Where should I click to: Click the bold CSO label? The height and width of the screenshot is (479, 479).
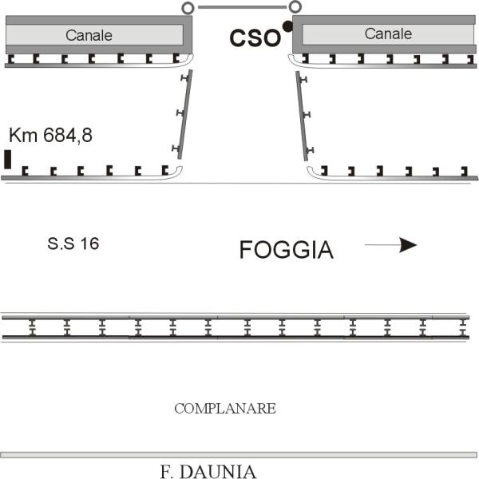(255, 38)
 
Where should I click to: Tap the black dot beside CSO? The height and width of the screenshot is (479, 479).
(287, 26)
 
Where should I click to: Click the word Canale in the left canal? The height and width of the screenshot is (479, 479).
(89, 35)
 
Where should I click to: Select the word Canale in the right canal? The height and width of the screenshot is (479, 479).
(388, 34)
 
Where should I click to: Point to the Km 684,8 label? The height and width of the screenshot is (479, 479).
(51, 135)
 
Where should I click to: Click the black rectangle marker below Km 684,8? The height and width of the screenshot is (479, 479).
(8, 159)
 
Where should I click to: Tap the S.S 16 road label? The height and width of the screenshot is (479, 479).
(73, 243)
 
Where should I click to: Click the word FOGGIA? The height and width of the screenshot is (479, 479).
(287, 250)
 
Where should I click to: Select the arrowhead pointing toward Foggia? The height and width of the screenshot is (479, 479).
(408, 245)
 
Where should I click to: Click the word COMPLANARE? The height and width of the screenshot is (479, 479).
(225, 409)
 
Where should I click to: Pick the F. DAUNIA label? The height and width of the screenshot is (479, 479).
(208, 471)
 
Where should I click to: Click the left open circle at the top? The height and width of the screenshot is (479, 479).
(188, 8)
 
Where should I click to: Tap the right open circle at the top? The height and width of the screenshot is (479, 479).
(295, 6)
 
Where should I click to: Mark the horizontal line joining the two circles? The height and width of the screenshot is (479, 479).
(242, 7)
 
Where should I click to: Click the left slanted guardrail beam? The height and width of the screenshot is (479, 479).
(185, 114)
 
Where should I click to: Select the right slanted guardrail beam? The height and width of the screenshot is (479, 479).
(302, 116)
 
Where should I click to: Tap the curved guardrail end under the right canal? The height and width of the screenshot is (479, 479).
(295, 61)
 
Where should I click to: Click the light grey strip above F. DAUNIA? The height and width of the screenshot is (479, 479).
(239, 455)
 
